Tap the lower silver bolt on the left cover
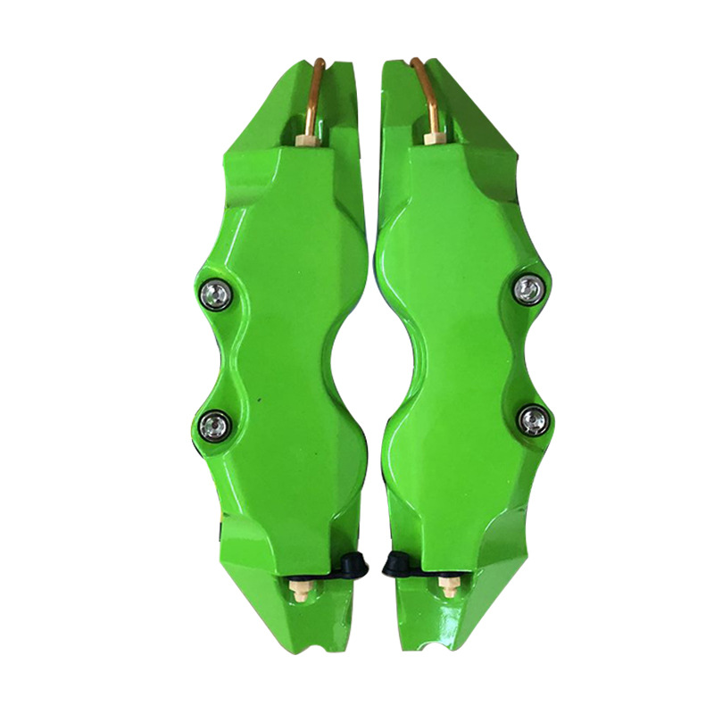pos(214,420)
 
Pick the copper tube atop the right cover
pos(428,85)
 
